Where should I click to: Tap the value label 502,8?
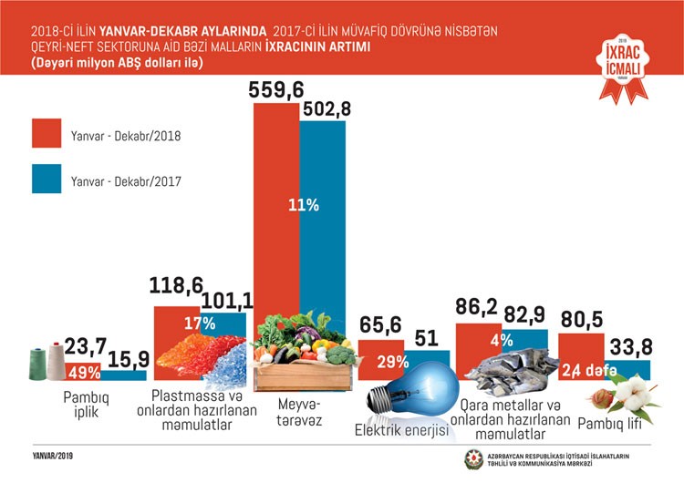point(324,109)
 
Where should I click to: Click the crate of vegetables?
point(301,355)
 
